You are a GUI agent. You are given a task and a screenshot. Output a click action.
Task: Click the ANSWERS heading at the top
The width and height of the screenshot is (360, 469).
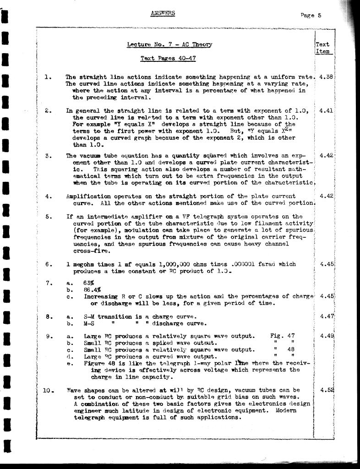tap(163, 13)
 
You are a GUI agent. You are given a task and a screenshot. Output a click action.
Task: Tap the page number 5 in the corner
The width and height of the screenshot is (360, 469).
tap(319, 15)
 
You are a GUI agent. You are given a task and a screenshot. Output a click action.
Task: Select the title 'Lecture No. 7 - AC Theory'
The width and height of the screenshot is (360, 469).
tap(169, 44)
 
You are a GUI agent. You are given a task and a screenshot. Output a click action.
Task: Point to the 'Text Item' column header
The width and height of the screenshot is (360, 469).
tap(323, 48)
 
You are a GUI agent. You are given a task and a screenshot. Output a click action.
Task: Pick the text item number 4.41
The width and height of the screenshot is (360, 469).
tap(326, 110)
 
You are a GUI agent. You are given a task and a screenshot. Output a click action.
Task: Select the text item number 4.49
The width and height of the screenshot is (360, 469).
tap(326, 336)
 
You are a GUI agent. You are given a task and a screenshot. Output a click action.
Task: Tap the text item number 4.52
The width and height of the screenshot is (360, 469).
tap(326, 390)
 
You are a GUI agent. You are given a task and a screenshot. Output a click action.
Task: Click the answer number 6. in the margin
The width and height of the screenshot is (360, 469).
tap(49, 264)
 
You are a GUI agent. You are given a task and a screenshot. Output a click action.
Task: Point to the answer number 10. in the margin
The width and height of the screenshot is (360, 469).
tap(49, 390)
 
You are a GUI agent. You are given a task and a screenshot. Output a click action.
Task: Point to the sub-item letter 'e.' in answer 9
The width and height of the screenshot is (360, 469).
tap(70, 363)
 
